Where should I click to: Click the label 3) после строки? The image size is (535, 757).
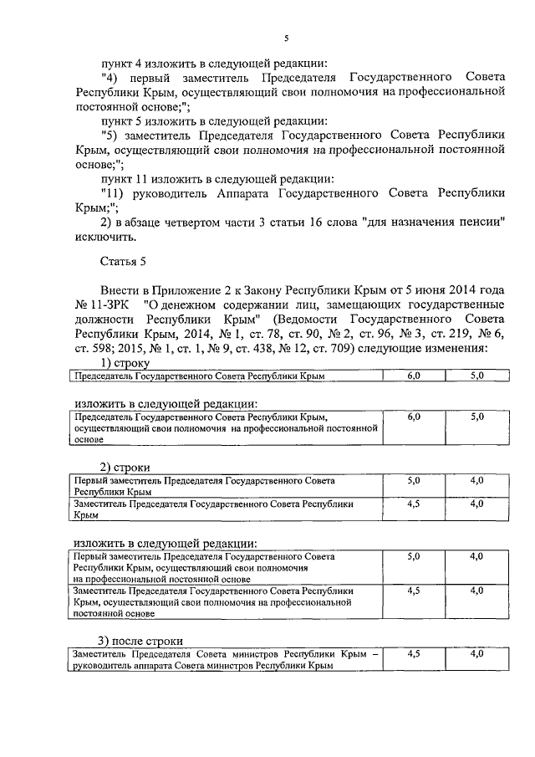point(140,641)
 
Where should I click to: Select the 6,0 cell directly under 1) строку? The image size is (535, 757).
point(413,376)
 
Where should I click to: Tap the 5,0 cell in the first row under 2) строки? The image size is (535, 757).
point(413,481)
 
